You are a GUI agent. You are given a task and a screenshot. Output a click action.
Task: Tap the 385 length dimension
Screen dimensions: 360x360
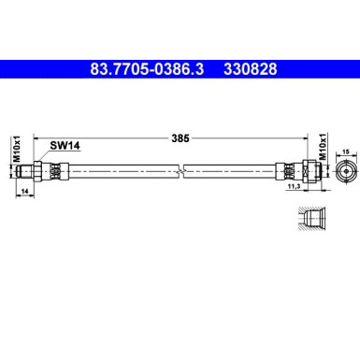point(181,138)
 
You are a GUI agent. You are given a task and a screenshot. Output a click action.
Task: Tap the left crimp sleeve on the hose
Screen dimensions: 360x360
point(58,170)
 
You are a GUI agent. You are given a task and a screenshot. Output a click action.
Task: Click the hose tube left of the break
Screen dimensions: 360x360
point(122,170)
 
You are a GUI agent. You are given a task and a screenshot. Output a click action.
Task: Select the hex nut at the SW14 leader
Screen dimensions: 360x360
point(45,170)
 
